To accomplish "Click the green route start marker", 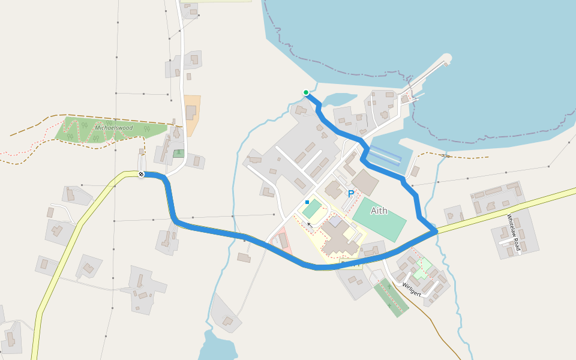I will point(306,92).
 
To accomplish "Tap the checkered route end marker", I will point(141,174).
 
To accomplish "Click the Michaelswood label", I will point(114,128).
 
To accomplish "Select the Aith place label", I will point(379,211).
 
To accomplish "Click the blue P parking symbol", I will point(350,194).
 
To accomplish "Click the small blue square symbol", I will point(307,202).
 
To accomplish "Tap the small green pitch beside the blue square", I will point(312,209).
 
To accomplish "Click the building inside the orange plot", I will point(191,112).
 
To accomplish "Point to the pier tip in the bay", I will point(446,60).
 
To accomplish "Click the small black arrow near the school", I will point(310,224).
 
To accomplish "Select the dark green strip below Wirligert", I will point(391,297).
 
